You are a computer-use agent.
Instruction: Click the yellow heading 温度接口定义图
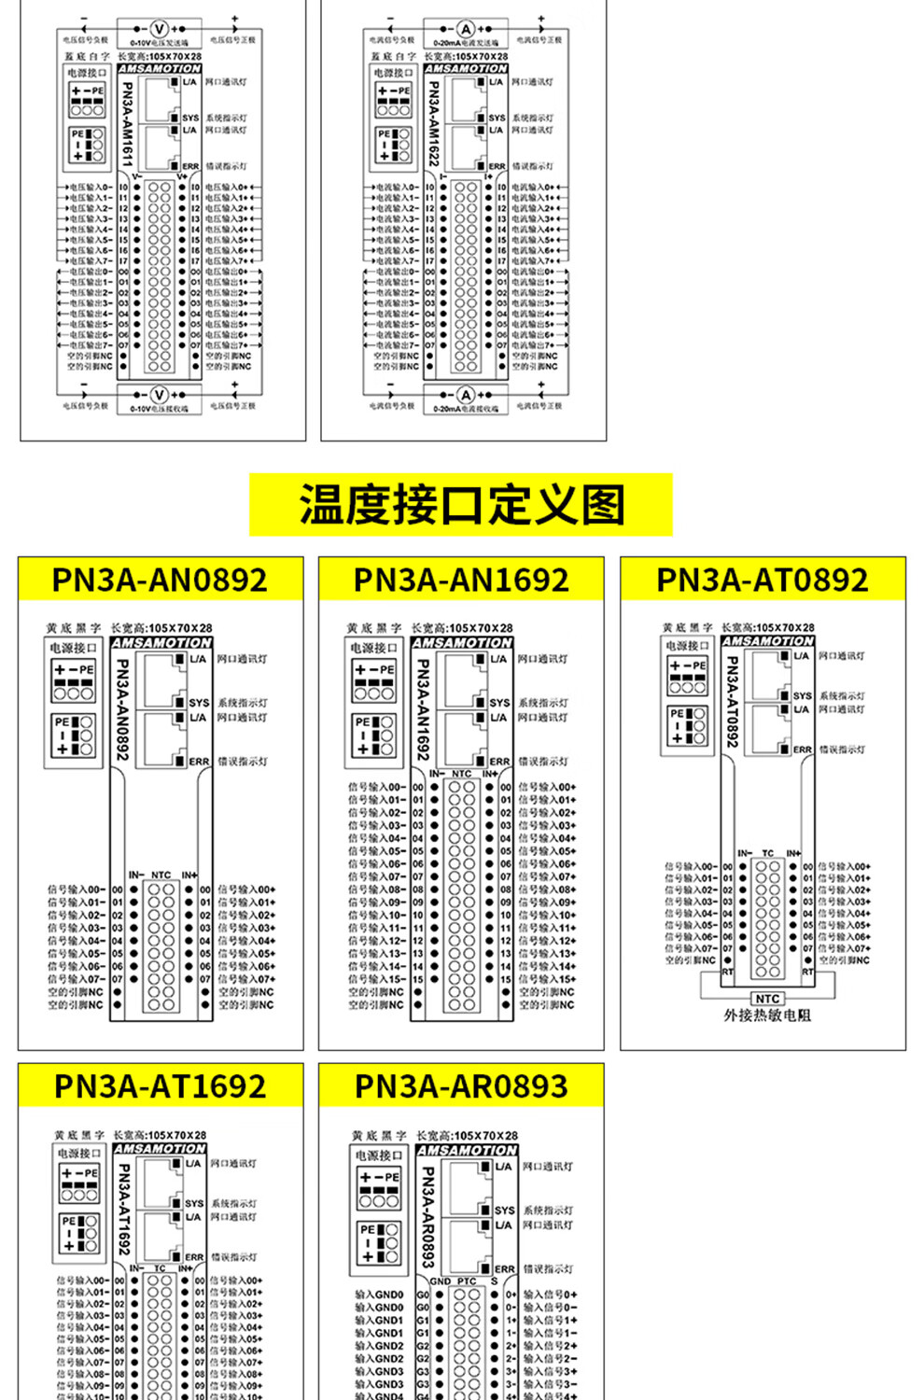(461, 505)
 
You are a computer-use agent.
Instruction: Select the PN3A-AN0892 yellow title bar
(160, 580)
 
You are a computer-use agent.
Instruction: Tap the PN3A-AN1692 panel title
(461, 580)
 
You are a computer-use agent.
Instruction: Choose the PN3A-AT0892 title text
(763, 580)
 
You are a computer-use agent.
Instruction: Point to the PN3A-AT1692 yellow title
(160, 1086)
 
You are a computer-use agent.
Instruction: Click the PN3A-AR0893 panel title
(461, 1086)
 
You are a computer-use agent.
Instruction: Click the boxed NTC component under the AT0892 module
(767, 999)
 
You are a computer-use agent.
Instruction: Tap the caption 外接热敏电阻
(767, 1015)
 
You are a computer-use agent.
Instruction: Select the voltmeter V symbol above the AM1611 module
(159, 29)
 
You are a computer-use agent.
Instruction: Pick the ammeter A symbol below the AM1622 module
(466, 395)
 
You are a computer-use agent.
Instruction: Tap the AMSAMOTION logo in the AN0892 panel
(161, 643)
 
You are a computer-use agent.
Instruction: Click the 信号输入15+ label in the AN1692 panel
(549, 979)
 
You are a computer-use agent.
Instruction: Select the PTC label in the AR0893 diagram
(467, 1281)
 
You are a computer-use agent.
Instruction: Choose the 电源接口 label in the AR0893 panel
(378, 1155)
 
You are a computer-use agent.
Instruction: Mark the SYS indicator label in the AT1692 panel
(194, 1203)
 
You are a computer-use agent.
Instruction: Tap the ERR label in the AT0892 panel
(803, 749)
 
